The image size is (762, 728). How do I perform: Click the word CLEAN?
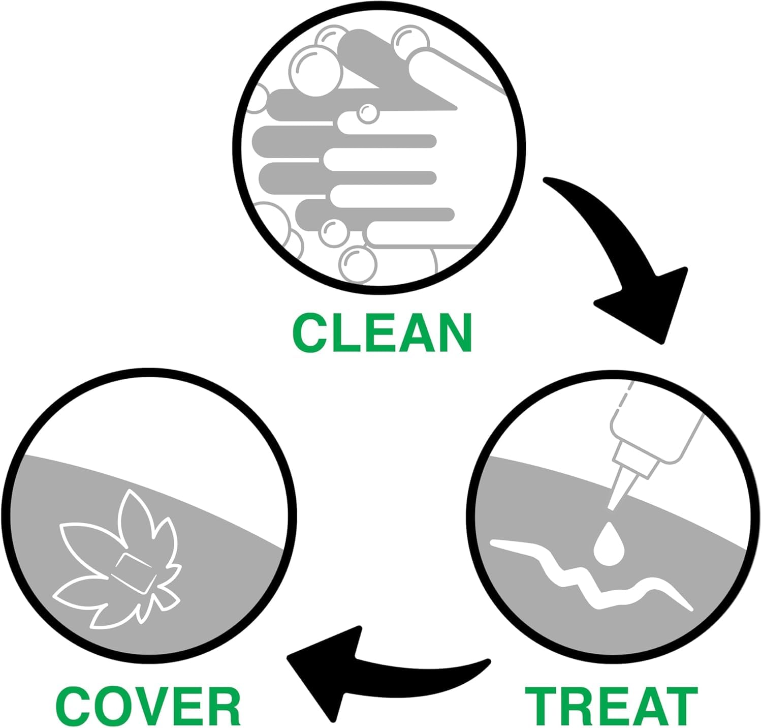[x=383, y=332]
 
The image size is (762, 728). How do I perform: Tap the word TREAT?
[x=611, y=706]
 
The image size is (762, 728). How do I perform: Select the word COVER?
[x=148, y=706]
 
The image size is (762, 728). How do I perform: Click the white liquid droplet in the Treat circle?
[x=608, y=542]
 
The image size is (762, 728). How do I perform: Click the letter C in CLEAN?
[x=310, y=332]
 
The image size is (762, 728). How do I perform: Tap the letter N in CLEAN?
[x=455, y=332]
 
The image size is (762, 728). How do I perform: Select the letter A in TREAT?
[x=643, y=706]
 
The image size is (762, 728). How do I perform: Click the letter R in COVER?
[x=222, y=706]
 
